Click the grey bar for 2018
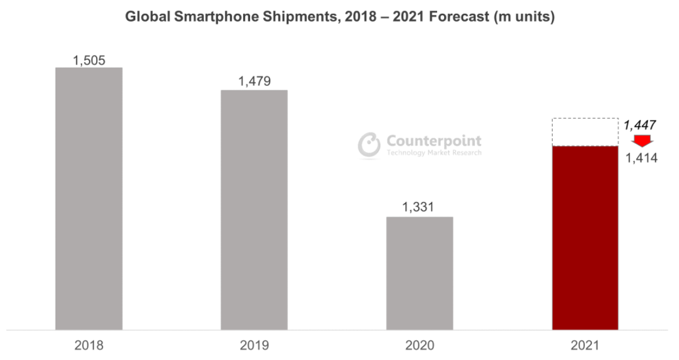88,198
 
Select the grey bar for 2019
254,210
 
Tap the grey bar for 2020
419,273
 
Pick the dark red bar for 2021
585,237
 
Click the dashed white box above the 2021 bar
585,132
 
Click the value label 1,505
89,61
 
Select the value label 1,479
254,81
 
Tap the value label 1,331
419,208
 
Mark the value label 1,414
642,159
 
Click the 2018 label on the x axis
88,345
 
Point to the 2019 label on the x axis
254,345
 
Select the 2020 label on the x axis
419,345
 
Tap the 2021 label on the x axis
585,345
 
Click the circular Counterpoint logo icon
369,145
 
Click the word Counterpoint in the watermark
433,141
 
